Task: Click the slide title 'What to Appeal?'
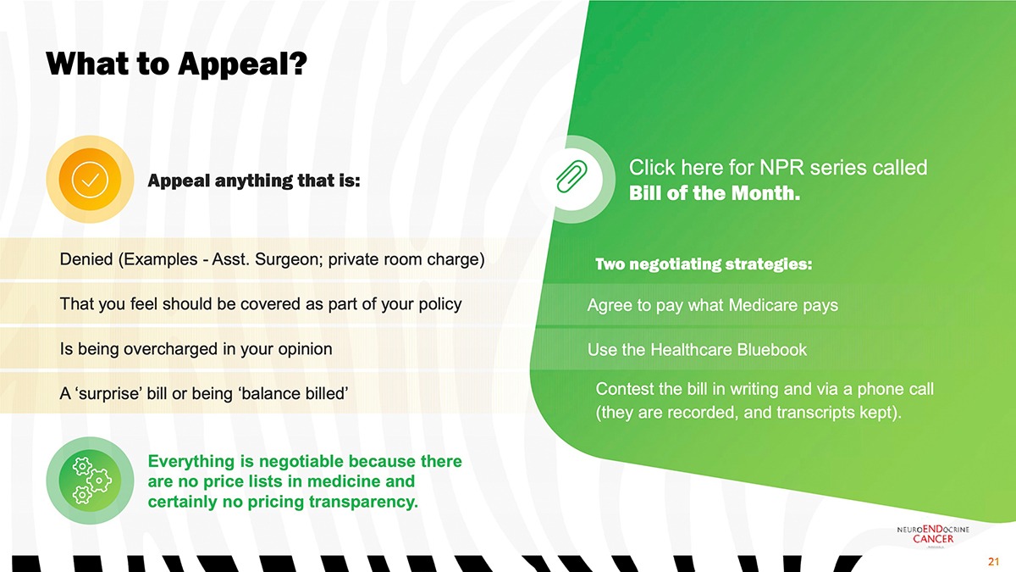(176, 64)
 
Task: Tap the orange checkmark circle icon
(90, 180)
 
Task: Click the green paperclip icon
(571, 176)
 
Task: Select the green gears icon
(90, 480)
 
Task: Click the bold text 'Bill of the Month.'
(715, 193)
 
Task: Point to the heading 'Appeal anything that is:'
(254, 180)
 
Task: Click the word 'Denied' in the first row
(86, 259)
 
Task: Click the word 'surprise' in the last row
(108, 393)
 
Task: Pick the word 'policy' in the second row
(440, 304)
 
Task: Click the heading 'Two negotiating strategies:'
(704, 264)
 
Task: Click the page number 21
(994, 562)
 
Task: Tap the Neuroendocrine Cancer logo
(933, 535)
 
